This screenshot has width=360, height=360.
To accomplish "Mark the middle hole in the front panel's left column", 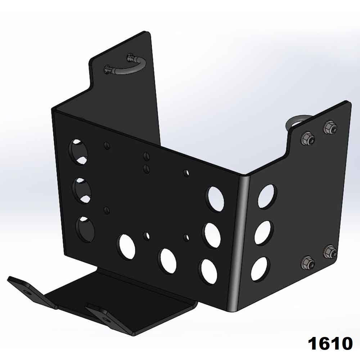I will click(x=82, y=188).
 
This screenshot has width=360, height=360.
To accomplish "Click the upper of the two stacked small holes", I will click(x=146, y=156).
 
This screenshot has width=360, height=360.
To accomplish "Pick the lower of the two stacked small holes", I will click(x=146, y=168).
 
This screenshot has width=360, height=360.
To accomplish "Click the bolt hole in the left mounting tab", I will click(x=28, y=291).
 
